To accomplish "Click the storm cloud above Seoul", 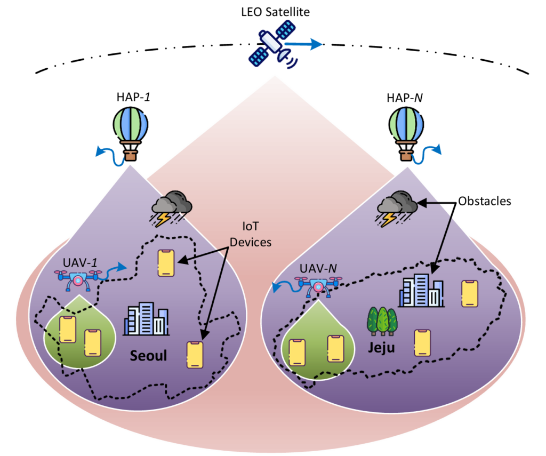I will [171, 208].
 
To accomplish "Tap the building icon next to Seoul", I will [146, 319].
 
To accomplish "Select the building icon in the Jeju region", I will [421, 291].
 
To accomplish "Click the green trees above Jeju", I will [382, 321].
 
